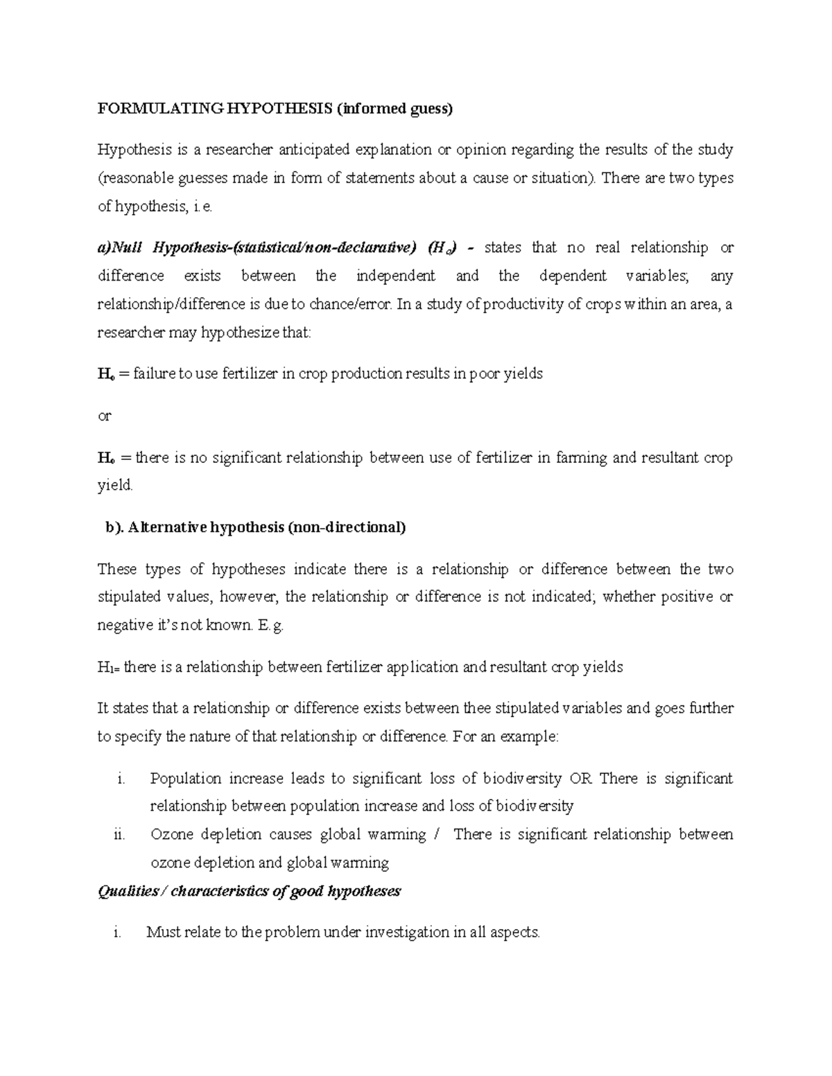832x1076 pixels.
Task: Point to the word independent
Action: point(395,276)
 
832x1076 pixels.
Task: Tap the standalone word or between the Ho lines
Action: point(104,416)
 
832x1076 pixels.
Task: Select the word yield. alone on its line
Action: point(114,486)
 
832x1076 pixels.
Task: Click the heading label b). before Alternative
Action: point(114,527)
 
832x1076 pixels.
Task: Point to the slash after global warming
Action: point(435,835)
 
